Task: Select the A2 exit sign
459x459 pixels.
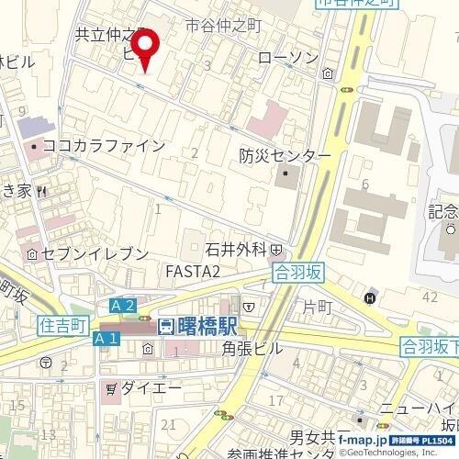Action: click(123, 306)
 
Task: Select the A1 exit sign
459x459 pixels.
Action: click(106, 339)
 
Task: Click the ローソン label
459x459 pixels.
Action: click(288, 58)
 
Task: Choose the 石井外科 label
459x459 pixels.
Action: click(235, 248)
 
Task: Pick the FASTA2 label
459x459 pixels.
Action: click(193, 272)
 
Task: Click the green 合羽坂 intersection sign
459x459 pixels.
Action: click(299, 271)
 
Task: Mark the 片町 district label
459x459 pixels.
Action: click(317, 305)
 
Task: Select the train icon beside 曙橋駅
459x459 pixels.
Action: click(165, 327)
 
